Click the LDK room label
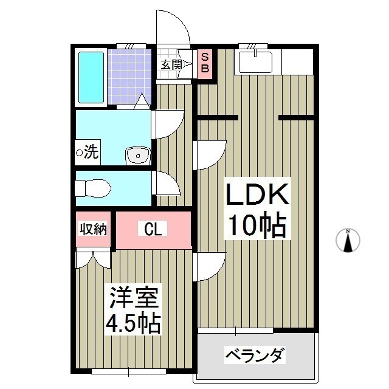256,196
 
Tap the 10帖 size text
256,226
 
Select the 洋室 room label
134,298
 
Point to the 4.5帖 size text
134,323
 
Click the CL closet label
153,229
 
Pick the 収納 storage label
94,229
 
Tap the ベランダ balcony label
255,355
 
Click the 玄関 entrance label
171,64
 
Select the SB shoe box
205,63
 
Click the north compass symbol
348,241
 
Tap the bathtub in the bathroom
91,77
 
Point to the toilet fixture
92,188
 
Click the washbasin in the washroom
138,156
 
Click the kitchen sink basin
256,61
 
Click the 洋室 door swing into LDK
210,266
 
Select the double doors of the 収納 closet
93,259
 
